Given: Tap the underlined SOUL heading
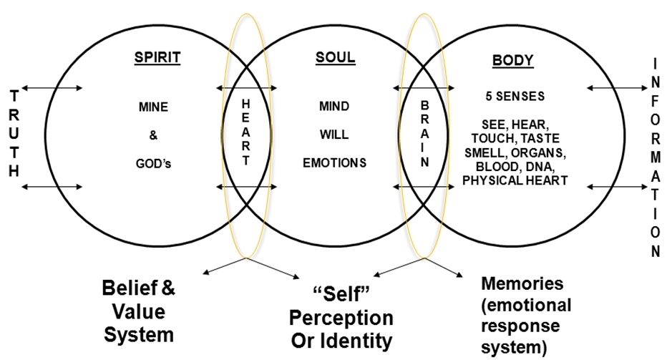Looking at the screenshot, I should (x=335, y=57).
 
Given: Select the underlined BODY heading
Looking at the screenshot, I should (x=512, y=60).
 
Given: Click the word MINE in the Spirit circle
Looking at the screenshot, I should (x=154, y=108).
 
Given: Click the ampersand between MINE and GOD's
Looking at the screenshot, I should (x=153, y=135).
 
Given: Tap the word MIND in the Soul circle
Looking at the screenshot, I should (x=334, y=107).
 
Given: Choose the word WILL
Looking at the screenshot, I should (x=334, y=134).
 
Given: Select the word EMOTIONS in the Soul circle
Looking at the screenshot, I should (x=334, y=162).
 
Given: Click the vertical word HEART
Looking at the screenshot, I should (x=246, y=133).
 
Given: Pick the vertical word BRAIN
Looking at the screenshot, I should (x=424, y=134).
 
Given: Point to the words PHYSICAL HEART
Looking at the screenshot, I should (x=515, y=180).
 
